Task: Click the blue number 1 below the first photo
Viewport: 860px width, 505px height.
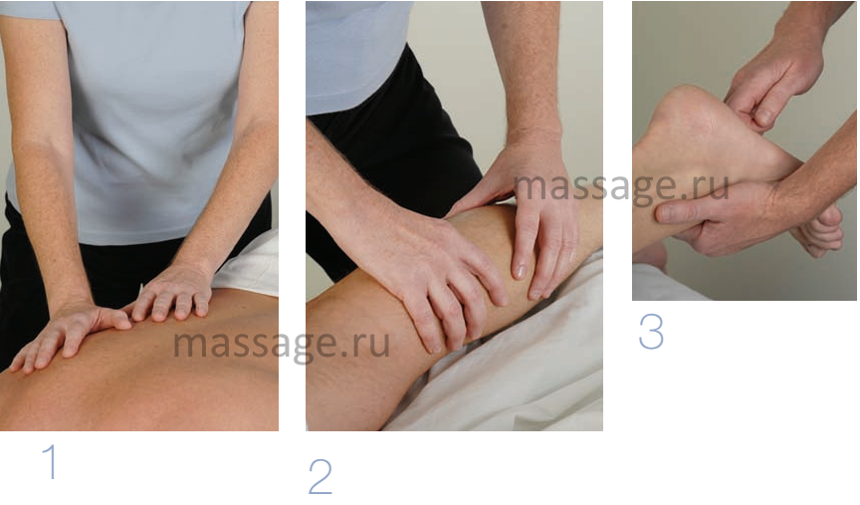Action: click(x=50, y=461)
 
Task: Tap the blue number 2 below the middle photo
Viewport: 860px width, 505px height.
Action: click(x=321, y=476)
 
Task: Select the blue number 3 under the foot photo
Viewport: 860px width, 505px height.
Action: click(x=651, y=332)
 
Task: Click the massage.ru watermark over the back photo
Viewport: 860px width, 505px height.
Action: click(x=282, y=345)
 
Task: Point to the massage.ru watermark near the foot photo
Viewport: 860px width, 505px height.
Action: click(x=621, y=187)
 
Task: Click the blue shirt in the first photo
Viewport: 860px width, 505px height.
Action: click(x=148, y=121)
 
